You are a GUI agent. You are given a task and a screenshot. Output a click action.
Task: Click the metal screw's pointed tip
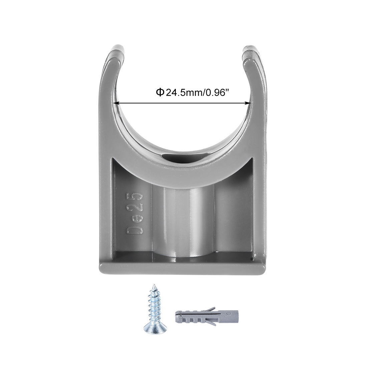pos(154,285)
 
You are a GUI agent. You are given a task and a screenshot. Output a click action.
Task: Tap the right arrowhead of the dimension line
pos(249,103)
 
